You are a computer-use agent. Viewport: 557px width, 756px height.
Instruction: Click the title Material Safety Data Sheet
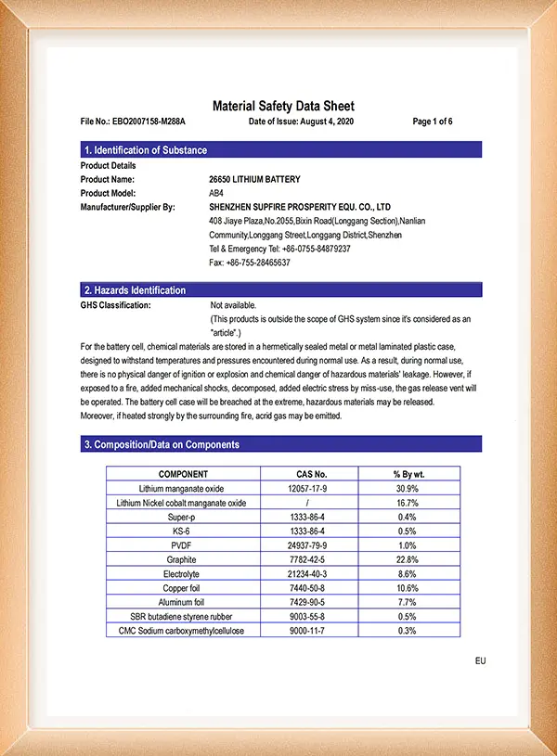[283, 106]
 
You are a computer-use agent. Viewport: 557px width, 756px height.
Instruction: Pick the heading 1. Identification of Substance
[146, 150]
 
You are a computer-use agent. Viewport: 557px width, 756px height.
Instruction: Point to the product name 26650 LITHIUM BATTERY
[254, 179]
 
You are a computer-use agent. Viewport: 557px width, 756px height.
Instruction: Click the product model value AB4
[217, 193]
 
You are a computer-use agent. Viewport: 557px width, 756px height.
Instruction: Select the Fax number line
[250, 263]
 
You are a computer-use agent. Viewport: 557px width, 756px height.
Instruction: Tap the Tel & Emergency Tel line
[279, 249]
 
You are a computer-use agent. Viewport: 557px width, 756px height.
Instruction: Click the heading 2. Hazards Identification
[136, 290]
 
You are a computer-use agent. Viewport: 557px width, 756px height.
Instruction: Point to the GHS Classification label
[116, 304]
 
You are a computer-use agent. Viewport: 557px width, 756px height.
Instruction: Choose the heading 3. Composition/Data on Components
[162, 444]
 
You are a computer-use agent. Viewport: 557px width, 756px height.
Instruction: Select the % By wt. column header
[408, 474]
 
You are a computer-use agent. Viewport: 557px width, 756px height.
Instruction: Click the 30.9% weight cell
[408, 488]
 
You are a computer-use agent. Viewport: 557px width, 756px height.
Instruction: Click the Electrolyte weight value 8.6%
[408, 574]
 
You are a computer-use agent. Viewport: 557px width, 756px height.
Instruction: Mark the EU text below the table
[480, 660]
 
